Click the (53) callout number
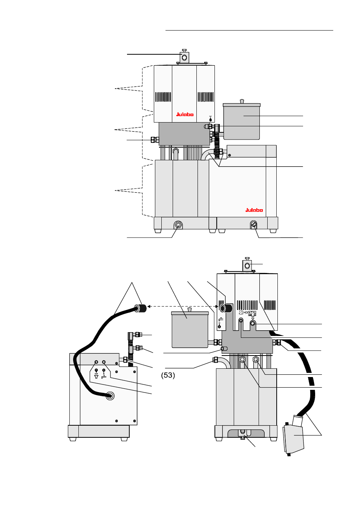click(168, 375)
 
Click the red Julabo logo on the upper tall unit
click(185, 114)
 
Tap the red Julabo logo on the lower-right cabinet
click(254, 210)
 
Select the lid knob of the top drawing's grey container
click(242, 101)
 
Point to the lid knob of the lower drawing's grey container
click(190, 310)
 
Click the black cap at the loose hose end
click(141, 308)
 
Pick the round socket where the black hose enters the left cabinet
click(110, 396)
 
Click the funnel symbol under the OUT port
click(96, 377)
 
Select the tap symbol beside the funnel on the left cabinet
click(104, 376)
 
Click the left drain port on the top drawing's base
click(178, 225)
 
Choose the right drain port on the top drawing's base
click(254, 225)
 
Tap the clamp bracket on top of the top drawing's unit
click(184, 57)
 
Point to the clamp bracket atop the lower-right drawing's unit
click(247, 265)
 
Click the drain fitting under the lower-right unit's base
click(243, 437)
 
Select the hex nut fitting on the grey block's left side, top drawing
click(154, 140)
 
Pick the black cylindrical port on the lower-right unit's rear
click(226, 308)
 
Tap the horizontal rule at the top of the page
click(249, 30)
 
